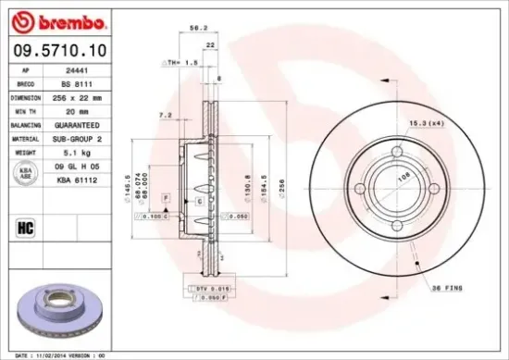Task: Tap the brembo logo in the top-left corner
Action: pos(51,19)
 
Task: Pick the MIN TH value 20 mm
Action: pos(75,109)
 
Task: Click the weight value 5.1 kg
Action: pos(75,151)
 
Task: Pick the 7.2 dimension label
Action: pos(166,115)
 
